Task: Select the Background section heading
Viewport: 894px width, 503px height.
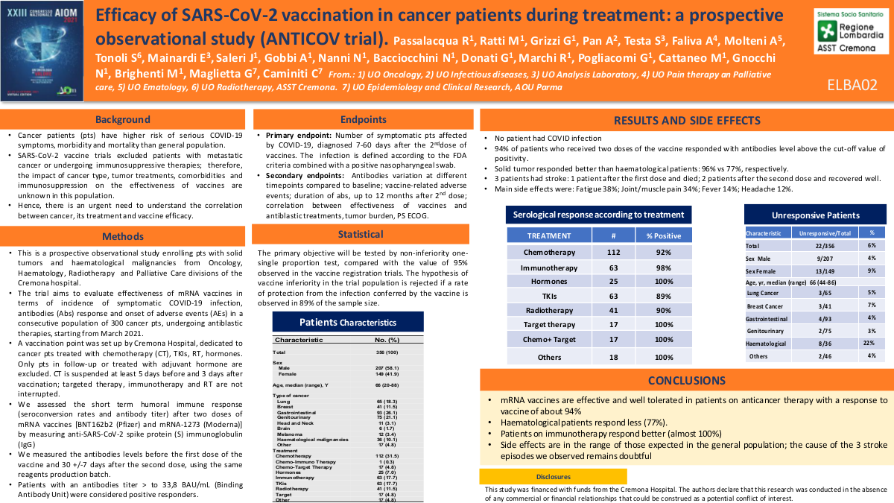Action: [122, 119]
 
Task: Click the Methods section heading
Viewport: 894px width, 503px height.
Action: [122, 237]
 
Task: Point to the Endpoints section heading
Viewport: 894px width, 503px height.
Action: [363, 119]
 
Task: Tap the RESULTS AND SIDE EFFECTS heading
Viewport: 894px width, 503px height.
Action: [686, 121]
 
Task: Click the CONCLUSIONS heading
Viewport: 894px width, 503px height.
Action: [686, 381]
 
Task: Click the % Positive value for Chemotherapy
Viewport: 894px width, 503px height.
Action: [664, 252]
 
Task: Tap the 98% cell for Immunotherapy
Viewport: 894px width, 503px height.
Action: [664, 267]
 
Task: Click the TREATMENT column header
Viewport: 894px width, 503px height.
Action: [549, 235]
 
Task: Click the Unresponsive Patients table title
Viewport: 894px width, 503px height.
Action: [815, 215]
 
